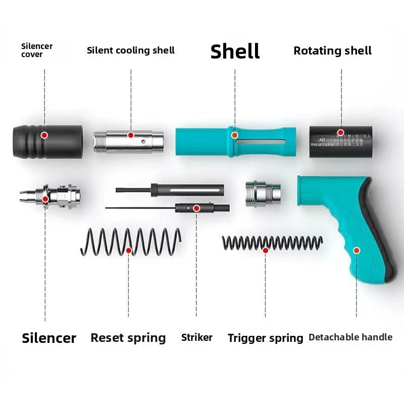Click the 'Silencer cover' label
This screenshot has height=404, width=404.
pyautogui.click(x=37, y=50)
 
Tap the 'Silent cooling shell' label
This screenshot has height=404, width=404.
pyautogui.click(x=131, y=50)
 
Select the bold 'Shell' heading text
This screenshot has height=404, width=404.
pyautogui.click(x=235, y=51)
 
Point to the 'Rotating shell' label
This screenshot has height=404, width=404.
pyautogui.click(x=332, y=50)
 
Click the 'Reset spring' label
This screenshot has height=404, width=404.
pyautogui.click(x=128, y=338)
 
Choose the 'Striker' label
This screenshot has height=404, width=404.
pyautogui.click(x=197, y=337)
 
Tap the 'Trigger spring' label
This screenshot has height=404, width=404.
pyautogui.click(x=265, y=338)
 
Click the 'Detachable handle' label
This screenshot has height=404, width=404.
pyautogui.click(x=350, y=337)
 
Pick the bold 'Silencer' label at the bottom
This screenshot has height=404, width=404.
pyautogui.click(x=49, y=338)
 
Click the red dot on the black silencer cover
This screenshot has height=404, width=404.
pyautogui.click(x=44, y=135)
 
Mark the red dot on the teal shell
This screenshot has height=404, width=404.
pyautogui.click(x=234, y=135)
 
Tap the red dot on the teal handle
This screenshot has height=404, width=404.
pyautogui.click(x=357, y=250)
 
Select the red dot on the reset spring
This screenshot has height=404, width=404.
pyautogui.click(x=129, y=250)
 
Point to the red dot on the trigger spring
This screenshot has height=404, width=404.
pyautogui.click(x=266, y=250)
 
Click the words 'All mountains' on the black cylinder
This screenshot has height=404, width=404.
pyautogui.click(x=322, y=142)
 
